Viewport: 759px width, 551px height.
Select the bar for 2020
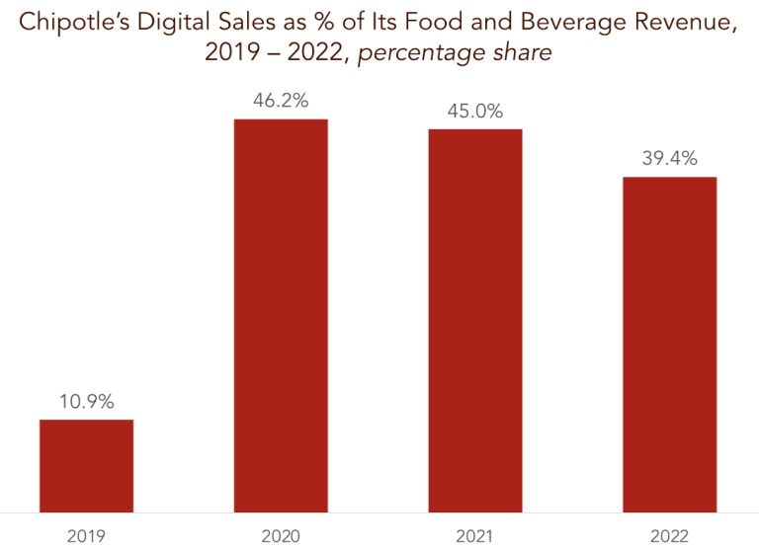point(281,315)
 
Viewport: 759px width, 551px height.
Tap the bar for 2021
point(474,320)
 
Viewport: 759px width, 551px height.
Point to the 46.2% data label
point(281,100)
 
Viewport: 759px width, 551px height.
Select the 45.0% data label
point(474,110)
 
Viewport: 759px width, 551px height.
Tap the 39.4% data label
point(669,158)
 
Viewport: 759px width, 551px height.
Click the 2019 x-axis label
point(86,536)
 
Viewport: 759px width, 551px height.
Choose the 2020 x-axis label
point(281,536)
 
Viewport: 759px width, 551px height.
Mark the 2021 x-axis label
point(474,536)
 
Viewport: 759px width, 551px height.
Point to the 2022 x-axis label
point(669,536)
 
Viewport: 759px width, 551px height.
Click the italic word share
point(521,52)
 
